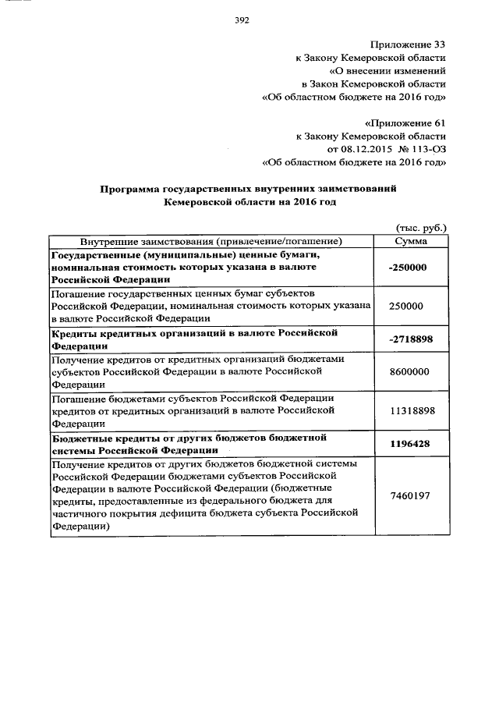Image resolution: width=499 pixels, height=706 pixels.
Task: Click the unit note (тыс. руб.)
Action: [x=421, y=228]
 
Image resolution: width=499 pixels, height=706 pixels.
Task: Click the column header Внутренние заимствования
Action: [x=211, y=241]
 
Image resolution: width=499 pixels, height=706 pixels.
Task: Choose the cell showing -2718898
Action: [x=410, y=339]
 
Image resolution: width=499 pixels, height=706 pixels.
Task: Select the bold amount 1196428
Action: [x=410, y=444]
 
